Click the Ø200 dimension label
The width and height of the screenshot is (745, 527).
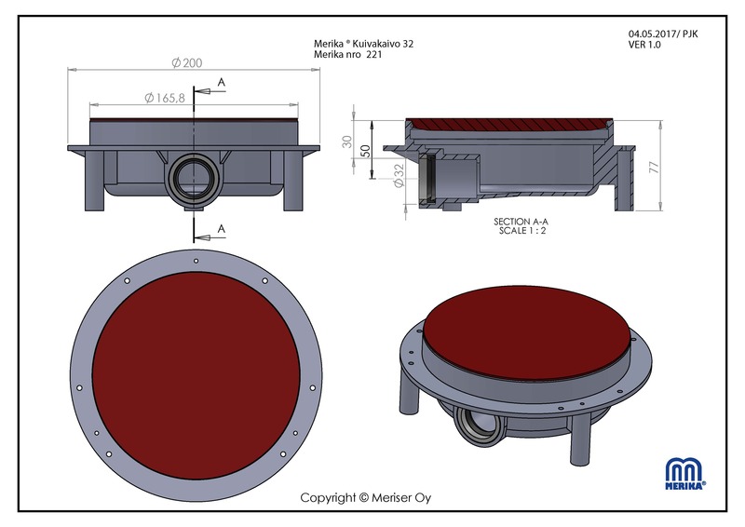point(187,62)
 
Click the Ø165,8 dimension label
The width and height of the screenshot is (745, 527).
point(165,98)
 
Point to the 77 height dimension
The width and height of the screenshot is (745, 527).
point(655,167)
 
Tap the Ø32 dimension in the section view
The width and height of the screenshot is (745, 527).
point(399,175)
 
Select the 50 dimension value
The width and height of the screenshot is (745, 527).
point(365,151)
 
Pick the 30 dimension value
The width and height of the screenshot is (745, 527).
point(347,142)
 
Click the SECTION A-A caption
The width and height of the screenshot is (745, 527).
point(521,222)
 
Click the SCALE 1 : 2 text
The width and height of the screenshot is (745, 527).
point(522,231)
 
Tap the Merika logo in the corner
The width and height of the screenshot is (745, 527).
point(685,473)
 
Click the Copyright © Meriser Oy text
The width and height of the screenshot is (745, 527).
point(366,497)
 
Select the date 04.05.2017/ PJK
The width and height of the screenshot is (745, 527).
point(663,34)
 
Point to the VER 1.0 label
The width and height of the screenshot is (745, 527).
point(644,45)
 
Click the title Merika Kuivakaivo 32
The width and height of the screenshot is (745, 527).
point(363,44)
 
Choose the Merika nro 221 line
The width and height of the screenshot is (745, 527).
point(347,54)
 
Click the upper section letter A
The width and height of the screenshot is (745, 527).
point(222,82)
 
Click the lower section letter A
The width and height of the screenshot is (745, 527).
point(222,229)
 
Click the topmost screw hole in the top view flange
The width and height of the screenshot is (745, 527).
point(196,261)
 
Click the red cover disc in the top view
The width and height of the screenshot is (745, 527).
point(196,375)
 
